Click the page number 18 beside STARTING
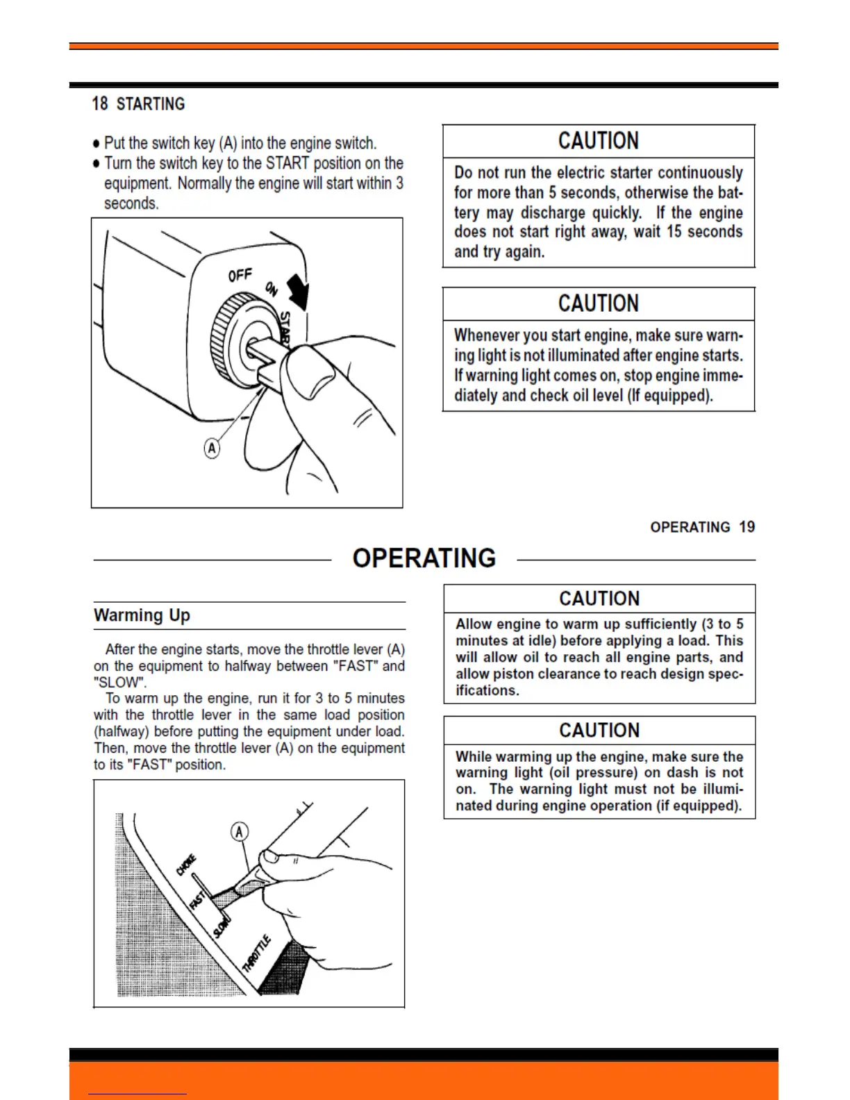pos(100,104)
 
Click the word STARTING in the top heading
pos(151,104)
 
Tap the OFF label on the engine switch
pos(240,276)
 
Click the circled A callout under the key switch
pos(212,449)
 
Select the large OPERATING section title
pos(424,558)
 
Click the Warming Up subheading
pos(142,615)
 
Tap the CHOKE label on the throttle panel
pos(186,865)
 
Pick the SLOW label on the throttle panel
pos(222,927)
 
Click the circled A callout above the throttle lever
pos(240,831)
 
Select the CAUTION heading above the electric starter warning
pos(599,141)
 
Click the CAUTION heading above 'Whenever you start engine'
pos(599,303)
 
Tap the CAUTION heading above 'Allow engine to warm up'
pos(599,599)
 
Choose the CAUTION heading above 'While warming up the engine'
pos(599,731)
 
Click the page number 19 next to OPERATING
pos(747,527)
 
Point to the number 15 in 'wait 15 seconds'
pos(674,232)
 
